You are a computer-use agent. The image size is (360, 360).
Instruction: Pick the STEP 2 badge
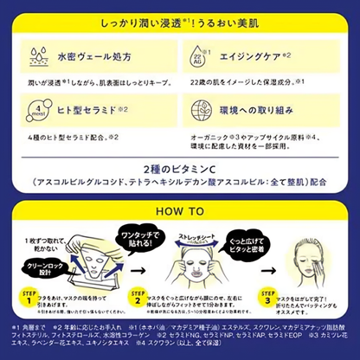[x=136, y=296]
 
